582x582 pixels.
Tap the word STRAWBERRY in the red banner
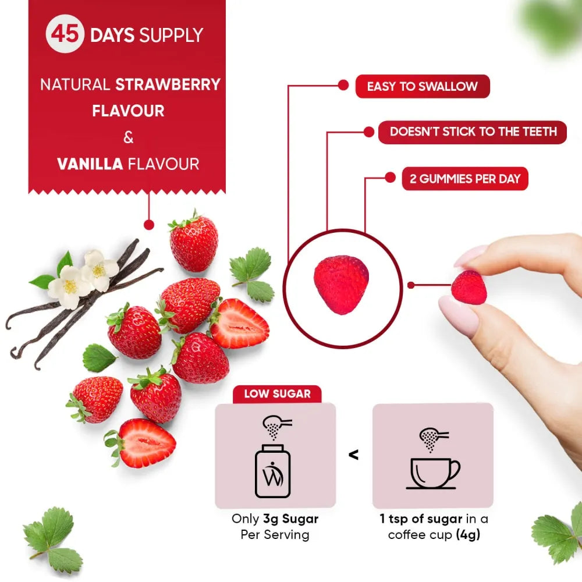coord(168,84)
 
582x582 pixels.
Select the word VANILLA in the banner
coord(90,164)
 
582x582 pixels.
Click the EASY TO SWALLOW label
coord(422,87)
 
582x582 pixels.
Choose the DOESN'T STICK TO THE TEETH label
coord(473,132)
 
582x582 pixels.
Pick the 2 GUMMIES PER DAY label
coord(464,179)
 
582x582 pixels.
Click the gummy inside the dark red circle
coord(341,285)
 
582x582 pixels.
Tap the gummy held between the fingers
coord(470,288)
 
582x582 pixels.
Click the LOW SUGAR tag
coord(276,394)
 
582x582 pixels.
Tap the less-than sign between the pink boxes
coord(353,455)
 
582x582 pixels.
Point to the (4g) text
coord(468,535)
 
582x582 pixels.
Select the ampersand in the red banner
coord(129,137)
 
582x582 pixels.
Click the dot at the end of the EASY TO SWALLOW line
coord(343,85)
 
